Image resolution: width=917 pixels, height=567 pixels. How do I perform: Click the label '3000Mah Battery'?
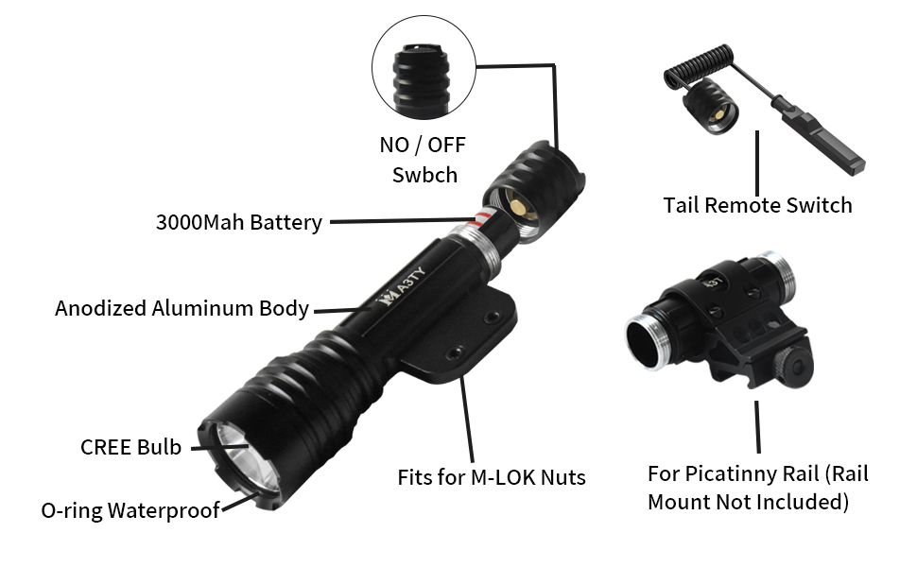pos(238,223)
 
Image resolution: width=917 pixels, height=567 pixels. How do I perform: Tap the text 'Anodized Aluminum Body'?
pos(182,308)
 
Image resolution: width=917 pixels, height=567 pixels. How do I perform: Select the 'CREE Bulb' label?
pos(130,447)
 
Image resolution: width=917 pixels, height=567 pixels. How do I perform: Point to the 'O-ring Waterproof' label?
pos(130,510)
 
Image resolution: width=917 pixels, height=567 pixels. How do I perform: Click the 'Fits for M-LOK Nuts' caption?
pos(491,477)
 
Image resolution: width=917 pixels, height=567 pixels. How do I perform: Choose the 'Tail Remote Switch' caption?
pos(757,205)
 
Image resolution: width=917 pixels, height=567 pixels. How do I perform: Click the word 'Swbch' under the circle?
pos(424,175)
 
